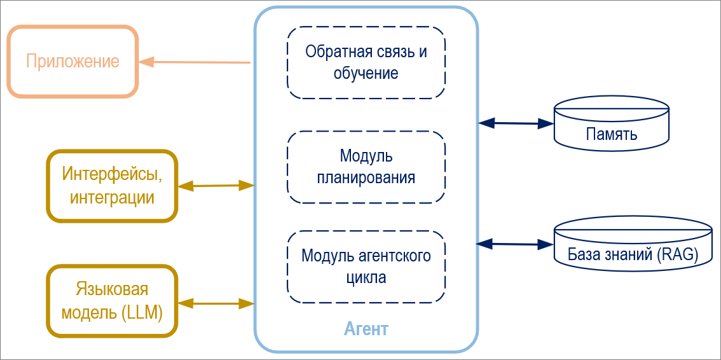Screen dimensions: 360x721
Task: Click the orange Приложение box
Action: tap(72, 61)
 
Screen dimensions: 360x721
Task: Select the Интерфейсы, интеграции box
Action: tap(112, 185)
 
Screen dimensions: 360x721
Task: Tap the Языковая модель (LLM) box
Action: tap(112, 301)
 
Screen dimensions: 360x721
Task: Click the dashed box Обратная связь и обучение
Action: tap(366, 62)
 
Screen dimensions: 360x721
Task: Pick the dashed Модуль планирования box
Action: tap(366, 167)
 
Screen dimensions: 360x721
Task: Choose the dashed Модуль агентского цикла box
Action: tap(366, 267)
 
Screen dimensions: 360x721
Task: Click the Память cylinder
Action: tap(611, 125)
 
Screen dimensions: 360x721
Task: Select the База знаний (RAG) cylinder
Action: tap(633, 246)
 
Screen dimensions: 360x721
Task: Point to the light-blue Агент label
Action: tap(366, 329)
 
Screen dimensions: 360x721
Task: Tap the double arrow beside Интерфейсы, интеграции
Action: tap(216, 186)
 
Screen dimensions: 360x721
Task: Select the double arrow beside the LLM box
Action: tap(216, 303)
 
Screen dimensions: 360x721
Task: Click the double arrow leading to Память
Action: tap(516, 123)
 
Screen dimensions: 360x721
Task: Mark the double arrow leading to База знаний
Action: tap(516, 244)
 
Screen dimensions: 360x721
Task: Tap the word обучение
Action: tap(366, 73)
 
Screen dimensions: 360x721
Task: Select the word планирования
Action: tap(366, 177)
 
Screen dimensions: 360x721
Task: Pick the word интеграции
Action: tap(112, 197)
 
